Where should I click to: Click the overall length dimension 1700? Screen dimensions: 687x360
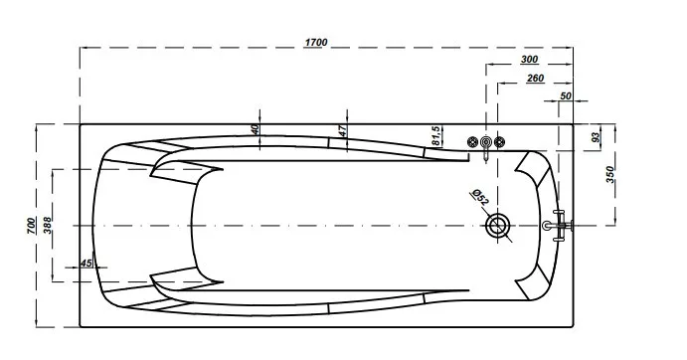tap(316, 42)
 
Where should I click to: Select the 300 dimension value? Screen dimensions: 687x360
tap(529, 60)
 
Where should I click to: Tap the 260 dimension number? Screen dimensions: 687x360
tap(536, 78)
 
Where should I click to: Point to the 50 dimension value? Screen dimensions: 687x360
tap(566, 95)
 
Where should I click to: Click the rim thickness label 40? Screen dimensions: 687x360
tap(255, 128)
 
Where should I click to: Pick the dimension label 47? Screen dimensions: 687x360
tap(343, 130)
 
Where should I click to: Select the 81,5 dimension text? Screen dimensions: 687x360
tap(435, 136)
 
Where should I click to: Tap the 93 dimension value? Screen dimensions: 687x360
tap(596, 137)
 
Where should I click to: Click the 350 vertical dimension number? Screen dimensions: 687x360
tap(610, 175)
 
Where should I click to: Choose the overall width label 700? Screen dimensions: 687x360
tap(32, 226)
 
